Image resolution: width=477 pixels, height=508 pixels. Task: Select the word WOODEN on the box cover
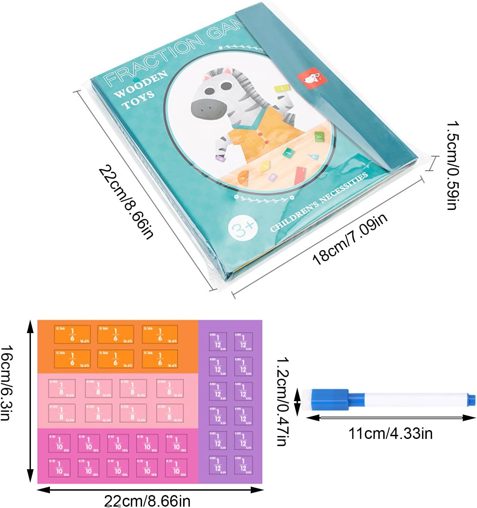click(x=141, y=84)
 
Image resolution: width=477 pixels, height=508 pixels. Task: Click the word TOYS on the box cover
click(x=138, y=99)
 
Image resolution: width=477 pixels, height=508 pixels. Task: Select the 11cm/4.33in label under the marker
click(x=390, y=434)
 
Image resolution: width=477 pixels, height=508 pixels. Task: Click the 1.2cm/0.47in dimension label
click(x=282, y=402)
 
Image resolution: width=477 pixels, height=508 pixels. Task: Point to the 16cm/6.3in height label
click(x=7, y=383)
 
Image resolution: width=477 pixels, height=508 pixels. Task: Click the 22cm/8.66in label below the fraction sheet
click(x=147, y=501)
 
